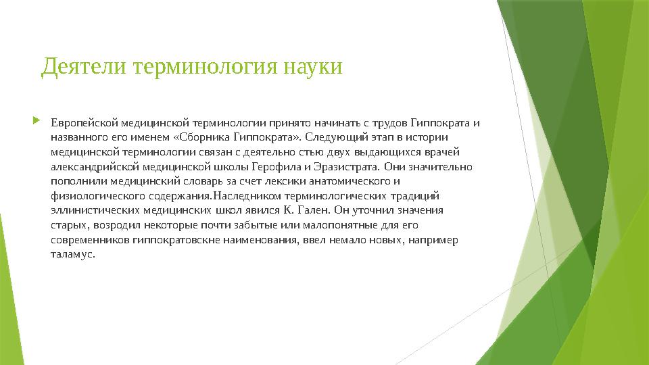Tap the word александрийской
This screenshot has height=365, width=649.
click(x=92, y=167)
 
